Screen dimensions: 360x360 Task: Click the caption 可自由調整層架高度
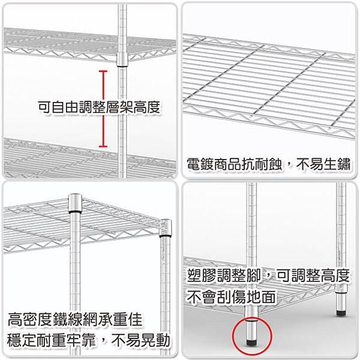99,107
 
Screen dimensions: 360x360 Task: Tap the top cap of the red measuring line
103,71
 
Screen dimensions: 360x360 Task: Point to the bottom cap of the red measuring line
103,146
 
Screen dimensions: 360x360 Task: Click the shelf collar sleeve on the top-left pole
122,59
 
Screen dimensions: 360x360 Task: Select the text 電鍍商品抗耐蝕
234,164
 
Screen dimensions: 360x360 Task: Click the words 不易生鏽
323,164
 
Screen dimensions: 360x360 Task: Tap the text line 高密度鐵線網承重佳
75,319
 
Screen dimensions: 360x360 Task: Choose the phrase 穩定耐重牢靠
51,340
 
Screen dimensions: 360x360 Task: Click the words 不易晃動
140,340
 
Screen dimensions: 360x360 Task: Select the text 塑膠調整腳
224,276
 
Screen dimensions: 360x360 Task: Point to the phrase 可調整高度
313,276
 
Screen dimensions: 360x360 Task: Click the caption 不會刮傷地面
231,296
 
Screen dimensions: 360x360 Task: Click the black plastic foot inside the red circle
252,342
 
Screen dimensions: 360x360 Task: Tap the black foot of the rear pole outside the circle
341,313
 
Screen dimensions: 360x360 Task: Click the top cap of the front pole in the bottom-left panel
75,203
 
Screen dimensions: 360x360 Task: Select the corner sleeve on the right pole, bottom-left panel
166,228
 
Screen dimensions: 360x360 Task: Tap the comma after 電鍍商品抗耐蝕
288,167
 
